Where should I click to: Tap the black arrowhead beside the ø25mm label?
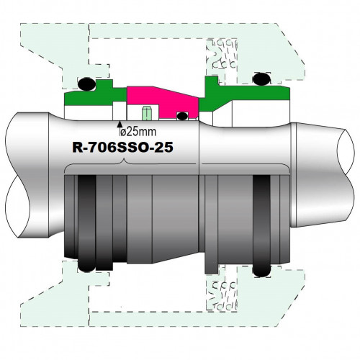click(119, 126)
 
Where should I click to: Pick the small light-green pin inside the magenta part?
click(146, 114)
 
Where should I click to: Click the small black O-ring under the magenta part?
click(183, 115)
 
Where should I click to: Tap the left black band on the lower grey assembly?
click(88, 220)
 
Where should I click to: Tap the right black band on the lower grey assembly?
click(262, 223)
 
